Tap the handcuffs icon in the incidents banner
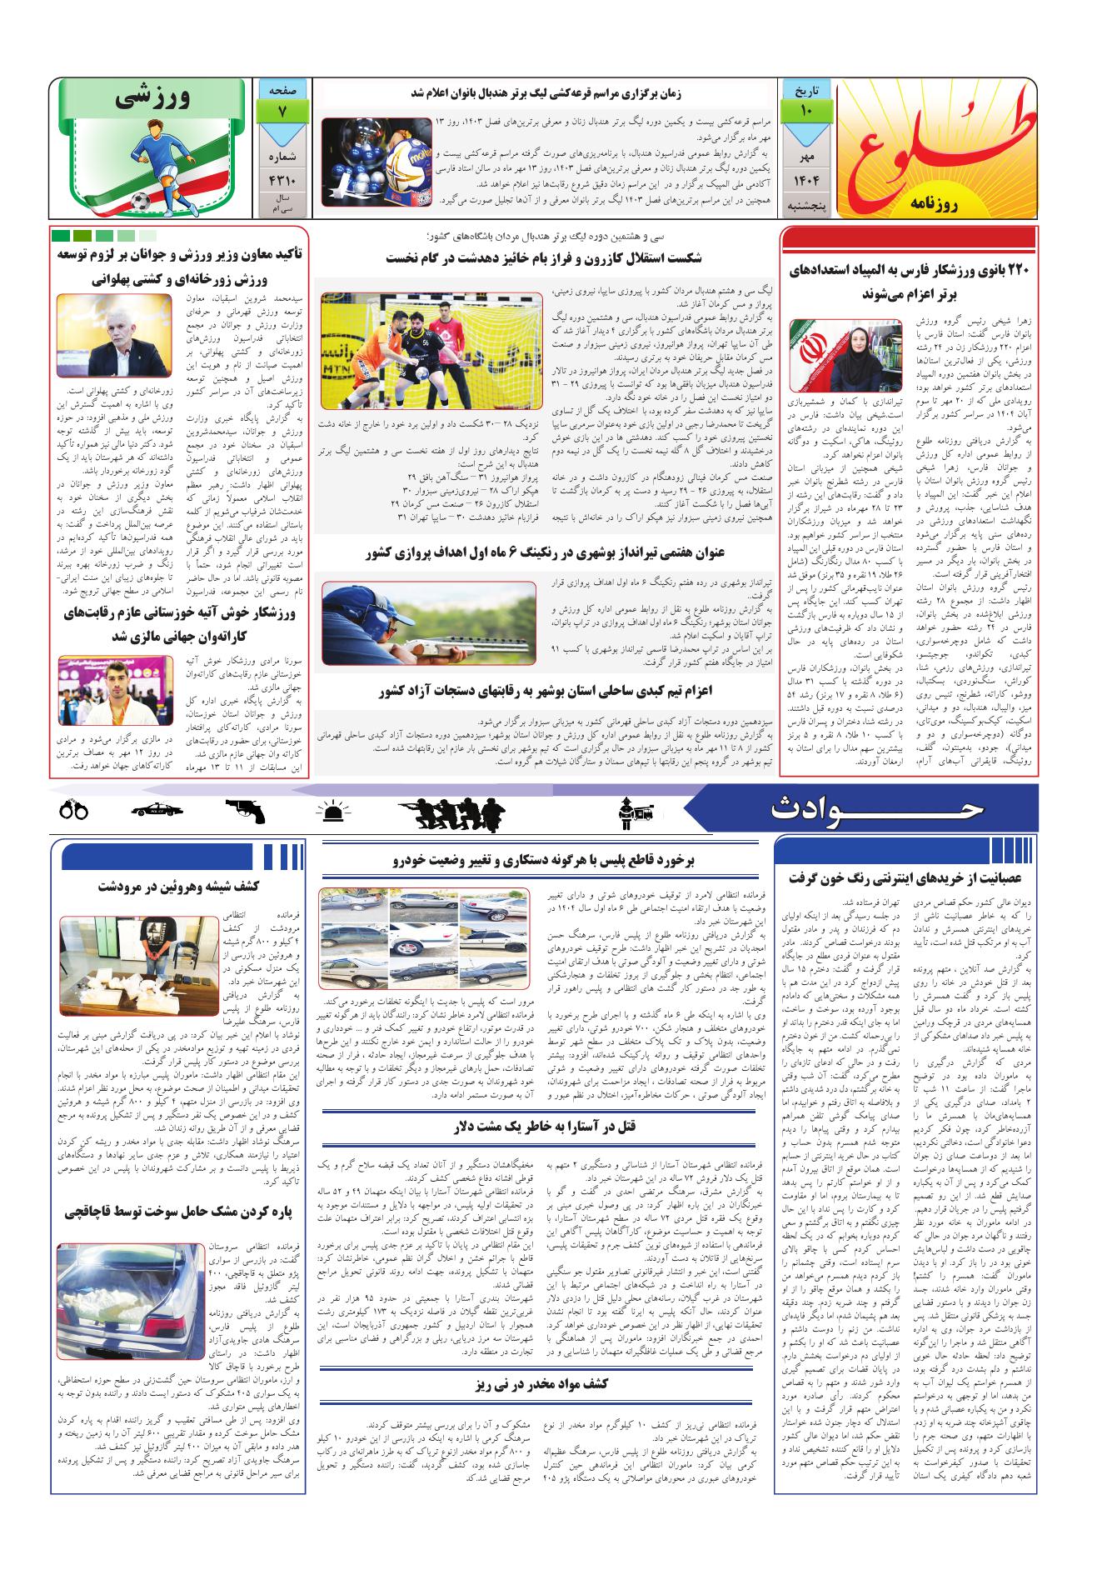74,809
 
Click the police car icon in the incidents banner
157,809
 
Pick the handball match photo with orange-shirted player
432,350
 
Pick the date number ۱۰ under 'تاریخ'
807,110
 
